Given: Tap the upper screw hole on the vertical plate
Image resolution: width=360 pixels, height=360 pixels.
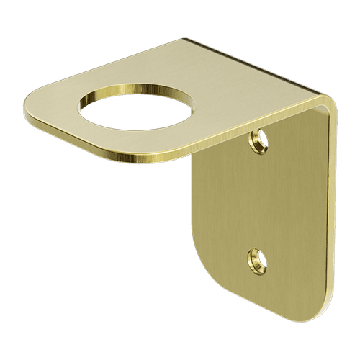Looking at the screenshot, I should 256,136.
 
